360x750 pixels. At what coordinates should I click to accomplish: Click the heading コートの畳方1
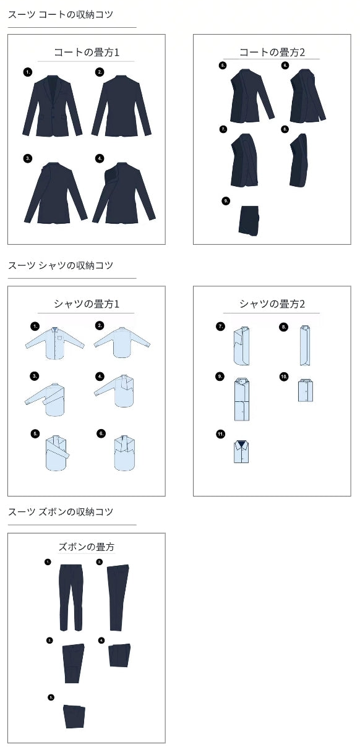click(x=87, y=53)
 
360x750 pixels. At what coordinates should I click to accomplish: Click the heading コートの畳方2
click(x=272, y=53)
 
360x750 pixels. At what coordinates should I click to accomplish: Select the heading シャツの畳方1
click(x=87, y=304)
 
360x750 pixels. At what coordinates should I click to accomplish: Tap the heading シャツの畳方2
click(x=272, y=304)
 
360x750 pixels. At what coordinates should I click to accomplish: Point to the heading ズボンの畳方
click(x=87, y=547)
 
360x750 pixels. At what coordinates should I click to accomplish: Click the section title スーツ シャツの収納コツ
click(x=61, y=265)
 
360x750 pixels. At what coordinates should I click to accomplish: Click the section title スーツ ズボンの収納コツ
click(x=61, y=511)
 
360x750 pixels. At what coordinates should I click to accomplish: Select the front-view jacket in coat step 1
click(x=52, y=106)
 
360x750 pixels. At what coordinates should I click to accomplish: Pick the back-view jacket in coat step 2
click(x=122, y=106)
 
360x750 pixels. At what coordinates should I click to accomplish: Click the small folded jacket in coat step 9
click(x=249, y=221)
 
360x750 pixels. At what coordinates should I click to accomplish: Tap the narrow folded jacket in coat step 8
click(x=298, y=160)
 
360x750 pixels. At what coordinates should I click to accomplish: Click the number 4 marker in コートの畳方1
click(x=100, y=158)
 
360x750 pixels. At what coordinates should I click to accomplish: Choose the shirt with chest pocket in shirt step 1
click(x=55, y=343)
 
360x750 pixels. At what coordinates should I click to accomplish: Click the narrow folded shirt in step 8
click(x=305, y=345)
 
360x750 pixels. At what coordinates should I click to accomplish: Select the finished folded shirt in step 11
click(x=241, y=451)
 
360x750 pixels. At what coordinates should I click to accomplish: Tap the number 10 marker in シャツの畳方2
click(x=284, y=377)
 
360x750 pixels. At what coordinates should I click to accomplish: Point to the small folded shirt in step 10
click(x=306, y=390)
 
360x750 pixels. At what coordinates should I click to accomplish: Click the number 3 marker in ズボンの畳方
click(x=49, y=641)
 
